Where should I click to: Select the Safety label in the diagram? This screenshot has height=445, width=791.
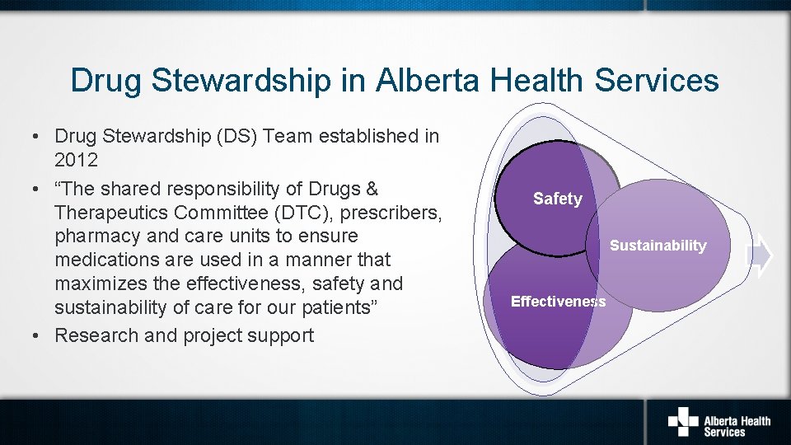(x=558, y=199)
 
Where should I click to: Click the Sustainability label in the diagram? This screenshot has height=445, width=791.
(x=658, y=246)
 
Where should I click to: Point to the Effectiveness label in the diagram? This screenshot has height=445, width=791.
(x=558, y=302)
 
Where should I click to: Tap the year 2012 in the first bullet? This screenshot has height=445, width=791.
(x=76, y=160)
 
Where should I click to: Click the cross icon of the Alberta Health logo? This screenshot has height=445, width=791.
(x=682, y=422)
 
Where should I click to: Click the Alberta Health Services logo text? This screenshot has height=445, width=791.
(x=737, y=425)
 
